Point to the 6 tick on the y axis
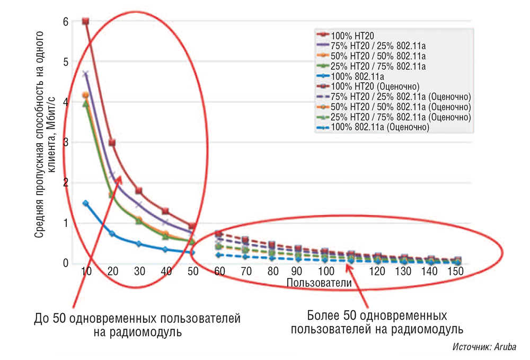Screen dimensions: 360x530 pos(65,22)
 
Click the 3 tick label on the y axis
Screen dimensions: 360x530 pos(65,143)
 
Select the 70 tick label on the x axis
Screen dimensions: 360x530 pos(246,271)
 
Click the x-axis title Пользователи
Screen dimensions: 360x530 pos(319,283)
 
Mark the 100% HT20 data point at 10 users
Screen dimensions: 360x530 pos(85,21)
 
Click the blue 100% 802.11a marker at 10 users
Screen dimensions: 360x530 pos(85,203)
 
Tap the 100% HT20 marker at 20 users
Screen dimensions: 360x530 pos(112,143)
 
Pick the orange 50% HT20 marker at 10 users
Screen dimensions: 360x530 pos(85,95)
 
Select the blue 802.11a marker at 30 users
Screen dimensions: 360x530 pos(139,244)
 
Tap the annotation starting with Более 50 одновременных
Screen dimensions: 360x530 pos(377,322)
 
